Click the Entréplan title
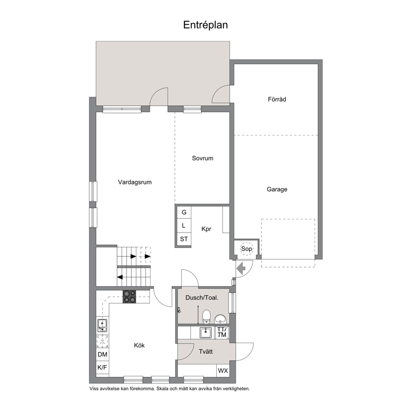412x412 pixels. point(206,25)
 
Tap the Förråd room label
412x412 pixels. point(277,99)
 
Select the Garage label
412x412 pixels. point(277,189)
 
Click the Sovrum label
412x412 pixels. point(202,158)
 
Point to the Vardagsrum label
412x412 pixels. point(135,182)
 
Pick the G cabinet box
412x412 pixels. point(184,212)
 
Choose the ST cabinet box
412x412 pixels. point(184,239)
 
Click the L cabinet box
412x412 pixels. point(184,226)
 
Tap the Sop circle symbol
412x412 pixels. point(246,248)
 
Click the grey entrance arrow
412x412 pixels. point(241,269)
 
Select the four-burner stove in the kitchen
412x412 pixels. point(130,297)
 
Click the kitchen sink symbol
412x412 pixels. point(102,326)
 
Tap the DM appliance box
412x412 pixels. point(103,354)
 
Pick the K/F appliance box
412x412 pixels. point(103,367)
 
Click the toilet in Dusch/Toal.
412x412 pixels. point(206,316)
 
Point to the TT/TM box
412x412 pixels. point(222,332)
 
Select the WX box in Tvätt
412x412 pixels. point(223,371)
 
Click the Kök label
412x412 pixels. point(139,345)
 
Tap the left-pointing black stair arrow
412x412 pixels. point(120,277)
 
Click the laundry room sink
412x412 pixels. point(206,333)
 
